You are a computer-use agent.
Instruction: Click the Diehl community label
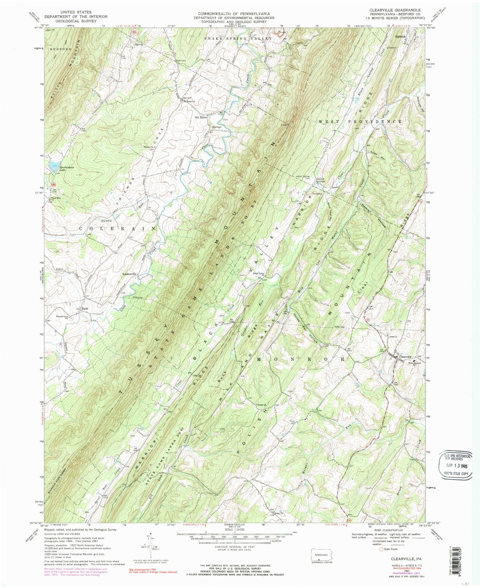(85, 308)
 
